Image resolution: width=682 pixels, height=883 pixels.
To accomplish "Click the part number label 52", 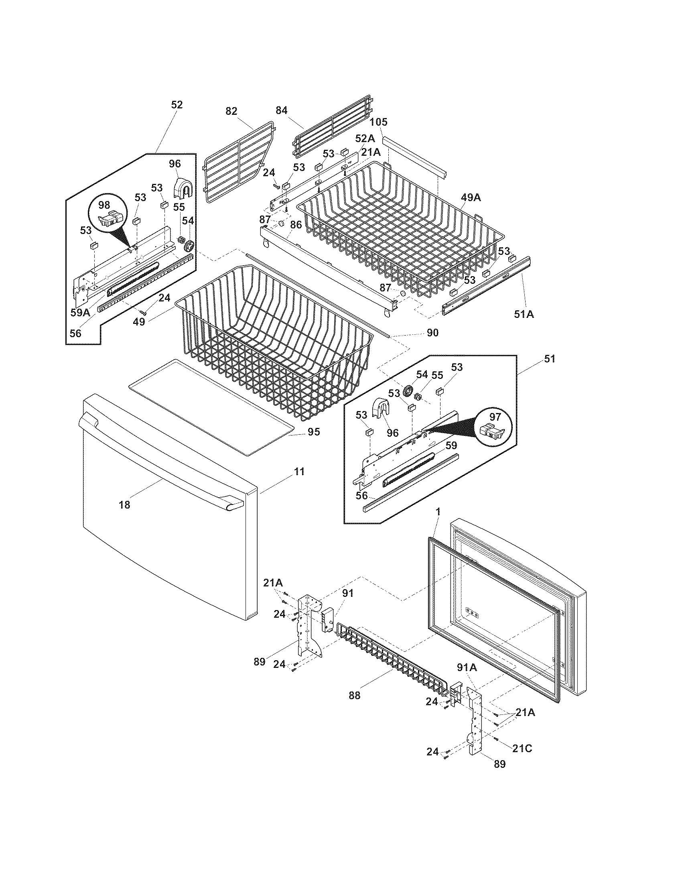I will coord(177,105).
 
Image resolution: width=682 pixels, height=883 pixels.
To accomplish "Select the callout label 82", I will coord(231,111).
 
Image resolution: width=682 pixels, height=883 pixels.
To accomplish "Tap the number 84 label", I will coord(282,110).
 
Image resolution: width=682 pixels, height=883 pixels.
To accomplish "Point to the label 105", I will coord(378,122).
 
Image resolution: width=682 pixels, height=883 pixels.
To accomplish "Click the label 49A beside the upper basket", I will coord(471,197).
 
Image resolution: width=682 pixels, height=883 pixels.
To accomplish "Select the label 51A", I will coord(524,314).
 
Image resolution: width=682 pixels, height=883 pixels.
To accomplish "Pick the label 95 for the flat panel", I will coord(314,432).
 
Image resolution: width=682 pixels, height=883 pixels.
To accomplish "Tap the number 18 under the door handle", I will coord(124,505).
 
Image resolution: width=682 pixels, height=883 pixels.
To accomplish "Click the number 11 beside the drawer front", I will coord(298,472).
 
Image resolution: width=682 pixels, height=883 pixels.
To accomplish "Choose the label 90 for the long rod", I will coord(432,333).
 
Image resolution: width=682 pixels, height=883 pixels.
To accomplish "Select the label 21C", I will coord(522,749).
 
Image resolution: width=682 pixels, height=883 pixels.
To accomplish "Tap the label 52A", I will coord(365,139).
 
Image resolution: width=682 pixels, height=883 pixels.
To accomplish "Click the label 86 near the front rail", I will coord(296,225).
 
